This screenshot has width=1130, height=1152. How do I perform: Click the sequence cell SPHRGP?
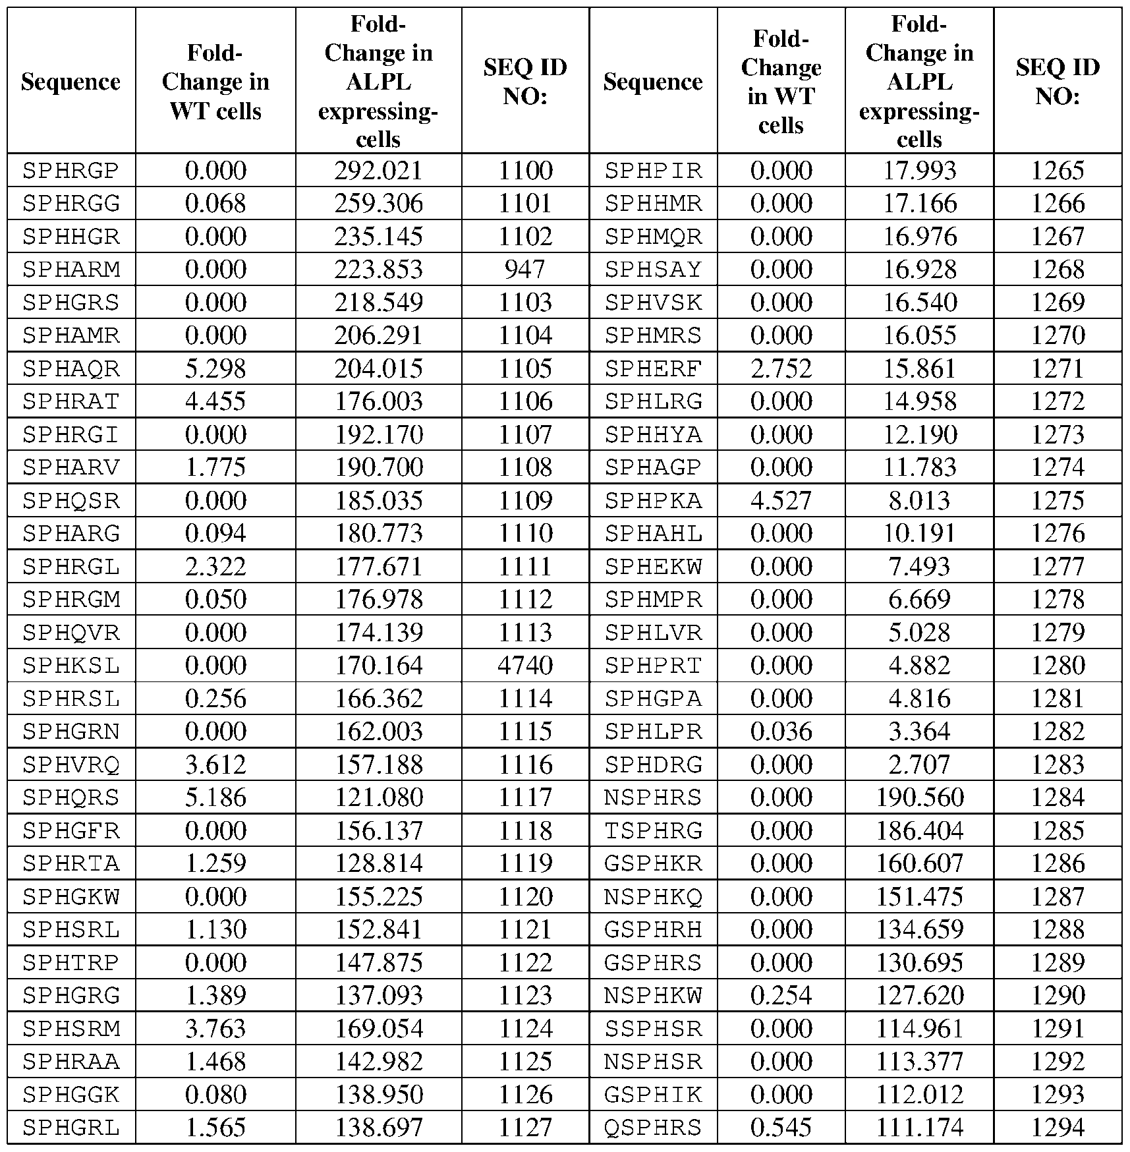tap(71, 171)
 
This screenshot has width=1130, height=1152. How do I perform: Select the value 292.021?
tap(378, 171)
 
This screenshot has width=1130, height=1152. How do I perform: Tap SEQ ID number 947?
tap(525, 270)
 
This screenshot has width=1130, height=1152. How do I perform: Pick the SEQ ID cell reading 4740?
tap(525, 665)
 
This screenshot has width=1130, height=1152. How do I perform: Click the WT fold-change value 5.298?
tap(215, 368)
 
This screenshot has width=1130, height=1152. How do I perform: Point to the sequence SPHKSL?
tap(71, 665)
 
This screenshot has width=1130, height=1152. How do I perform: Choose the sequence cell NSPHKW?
tap(653, 995)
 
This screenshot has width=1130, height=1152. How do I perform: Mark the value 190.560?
tap(919, 797)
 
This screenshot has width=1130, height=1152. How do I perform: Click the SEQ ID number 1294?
tap(1058, 1127)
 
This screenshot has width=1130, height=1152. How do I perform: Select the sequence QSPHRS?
tap(653, 1127)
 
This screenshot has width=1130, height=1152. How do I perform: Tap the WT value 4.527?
tap(781, 500)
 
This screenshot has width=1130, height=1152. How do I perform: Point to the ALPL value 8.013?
tap(919, 500)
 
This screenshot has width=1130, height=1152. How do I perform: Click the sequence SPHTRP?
tap(71, 962)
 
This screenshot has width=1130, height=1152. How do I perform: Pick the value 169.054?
tap(378, 1028)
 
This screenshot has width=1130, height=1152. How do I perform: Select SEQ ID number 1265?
tap(1058, 171)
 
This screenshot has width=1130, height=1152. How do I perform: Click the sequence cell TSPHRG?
tap(653, 830)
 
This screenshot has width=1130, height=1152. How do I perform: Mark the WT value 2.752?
tap(781, 368)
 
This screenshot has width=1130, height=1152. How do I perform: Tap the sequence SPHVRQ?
tap(71, 764)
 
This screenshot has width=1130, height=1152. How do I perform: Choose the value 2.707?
tap(919, 764)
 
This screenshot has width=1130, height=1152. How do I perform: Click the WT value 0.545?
tap(781, 1127)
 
